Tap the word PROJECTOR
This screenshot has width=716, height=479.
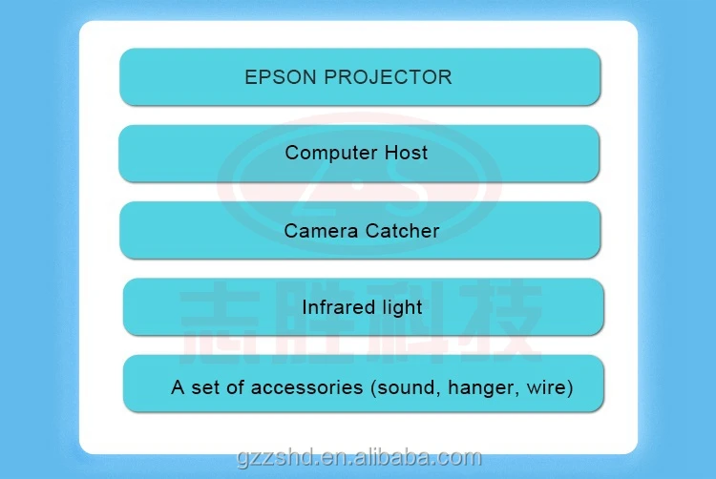tap(389, 77)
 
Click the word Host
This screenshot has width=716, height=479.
tap(406, 153)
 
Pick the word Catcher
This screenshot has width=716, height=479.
tap(402, 231)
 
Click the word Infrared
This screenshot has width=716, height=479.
tap(337, 307)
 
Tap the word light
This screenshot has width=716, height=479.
tap(400, 307)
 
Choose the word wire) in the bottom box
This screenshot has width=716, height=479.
tap(549, 387)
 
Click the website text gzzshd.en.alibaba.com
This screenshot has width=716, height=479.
tap(359, 458)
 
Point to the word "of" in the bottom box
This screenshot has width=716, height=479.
tap(235, 387)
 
